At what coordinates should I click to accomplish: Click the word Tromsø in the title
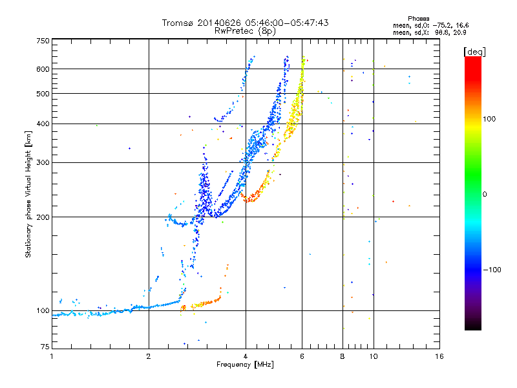tap(178, 23)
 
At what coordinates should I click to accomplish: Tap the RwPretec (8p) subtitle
tap(245, 31)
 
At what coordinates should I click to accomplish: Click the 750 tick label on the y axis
tap(43, 41)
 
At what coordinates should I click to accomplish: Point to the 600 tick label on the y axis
tap(43, 69)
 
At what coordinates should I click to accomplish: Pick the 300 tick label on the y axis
tap(43, 163)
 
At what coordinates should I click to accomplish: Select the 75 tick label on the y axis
tap(45, 347)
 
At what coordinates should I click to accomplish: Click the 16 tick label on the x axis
tap(439, 356)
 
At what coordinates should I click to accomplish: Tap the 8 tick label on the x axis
tap(343, 356)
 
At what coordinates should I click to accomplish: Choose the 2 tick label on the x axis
tap(149, 356)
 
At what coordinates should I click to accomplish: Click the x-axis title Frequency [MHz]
tap(245, 365)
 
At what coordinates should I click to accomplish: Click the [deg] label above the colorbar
tap(474, 52)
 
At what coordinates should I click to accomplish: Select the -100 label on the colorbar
tap(492, 270)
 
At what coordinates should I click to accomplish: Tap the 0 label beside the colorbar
tap(485, 195)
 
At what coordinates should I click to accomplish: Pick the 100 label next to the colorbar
tap(489, 119)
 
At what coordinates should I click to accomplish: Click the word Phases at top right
tap(418, 19)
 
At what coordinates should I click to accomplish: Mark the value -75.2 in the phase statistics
tap(441, 25)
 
